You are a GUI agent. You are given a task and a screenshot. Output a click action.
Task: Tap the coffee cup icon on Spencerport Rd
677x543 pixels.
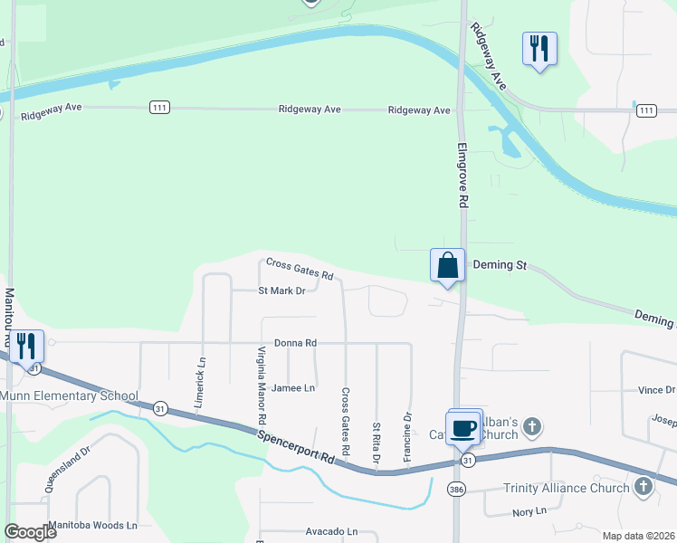click(463, 427)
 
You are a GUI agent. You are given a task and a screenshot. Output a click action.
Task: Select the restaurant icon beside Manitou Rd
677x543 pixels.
click(24, 345)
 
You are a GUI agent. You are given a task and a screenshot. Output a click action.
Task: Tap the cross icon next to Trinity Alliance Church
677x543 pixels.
click(643, 488)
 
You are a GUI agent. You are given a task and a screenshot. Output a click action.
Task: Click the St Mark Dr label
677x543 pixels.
click(282, 291)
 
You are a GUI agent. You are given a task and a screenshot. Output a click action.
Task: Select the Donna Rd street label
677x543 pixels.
click(295, 343)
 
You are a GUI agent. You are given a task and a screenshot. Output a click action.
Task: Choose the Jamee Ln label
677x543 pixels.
click(293, 387)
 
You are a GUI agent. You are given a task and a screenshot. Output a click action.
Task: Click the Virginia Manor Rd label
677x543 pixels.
click(261, 386)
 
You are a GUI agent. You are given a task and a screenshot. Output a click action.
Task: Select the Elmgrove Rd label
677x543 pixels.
click(462, 176)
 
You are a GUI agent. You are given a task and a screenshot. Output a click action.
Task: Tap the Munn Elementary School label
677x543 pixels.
click(70, 395)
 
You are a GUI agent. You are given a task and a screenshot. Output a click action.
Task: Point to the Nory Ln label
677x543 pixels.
click(529, 511)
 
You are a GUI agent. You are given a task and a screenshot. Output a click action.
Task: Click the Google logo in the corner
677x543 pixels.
click(30, 531)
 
